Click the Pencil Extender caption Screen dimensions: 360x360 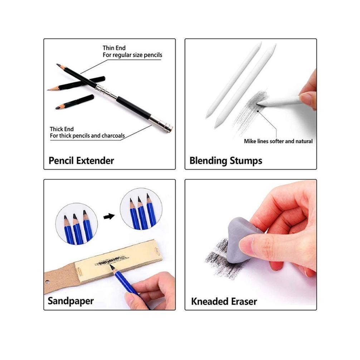click(x=81, y=160)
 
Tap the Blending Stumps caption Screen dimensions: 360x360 click(x=226, y=161)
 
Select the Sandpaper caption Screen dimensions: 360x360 click(x=70, y=301)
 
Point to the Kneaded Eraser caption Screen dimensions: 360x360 click(x=224, y=301)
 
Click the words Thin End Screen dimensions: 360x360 click(x=114, y=48)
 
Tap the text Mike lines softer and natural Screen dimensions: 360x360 click(x=278, y=141)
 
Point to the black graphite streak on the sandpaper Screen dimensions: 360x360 click(x=112, y=261)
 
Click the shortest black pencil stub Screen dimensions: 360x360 click(x=75, y=102)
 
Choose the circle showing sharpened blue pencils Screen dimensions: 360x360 click(x=141, y=210)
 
